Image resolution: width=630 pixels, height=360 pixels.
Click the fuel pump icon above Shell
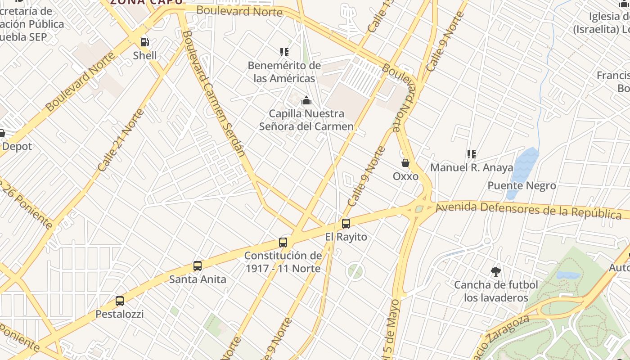click(145, 42)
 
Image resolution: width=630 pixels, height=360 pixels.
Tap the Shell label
click(145, 56)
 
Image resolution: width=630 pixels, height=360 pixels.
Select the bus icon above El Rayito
click(346, 223)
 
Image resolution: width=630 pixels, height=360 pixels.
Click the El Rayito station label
click(346, 237)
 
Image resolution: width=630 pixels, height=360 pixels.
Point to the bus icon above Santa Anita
click(198, 266)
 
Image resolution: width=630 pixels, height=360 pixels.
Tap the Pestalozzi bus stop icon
click(120, 301)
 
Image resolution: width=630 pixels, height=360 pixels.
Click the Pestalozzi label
click(120, 314)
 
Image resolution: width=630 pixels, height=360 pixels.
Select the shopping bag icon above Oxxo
click(405, 163)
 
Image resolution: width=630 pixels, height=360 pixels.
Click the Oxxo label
click(405, 176)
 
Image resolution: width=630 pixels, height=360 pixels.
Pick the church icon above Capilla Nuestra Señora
click(306, 100)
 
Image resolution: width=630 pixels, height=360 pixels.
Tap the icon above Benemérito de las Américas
click(284, 52)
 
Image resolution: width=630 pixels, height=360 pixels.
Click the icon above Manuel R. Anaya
click(471, 154)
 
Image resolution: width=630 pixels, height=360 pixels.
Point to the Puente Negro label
click(522, 185)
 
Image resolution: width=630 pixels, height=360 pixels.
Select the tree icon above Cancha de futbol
click(496, 272)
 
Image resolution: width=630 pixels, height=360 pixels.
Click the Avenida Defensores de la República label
click(529, 210)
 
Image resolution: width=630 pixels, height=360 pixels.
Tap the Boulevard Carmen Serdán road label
click(214, 94)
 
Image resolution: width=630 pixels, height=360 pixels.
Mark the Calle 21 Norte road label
click(121, 140)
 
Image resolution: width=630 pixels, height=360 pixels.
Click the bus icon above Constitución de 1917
click(283, 243)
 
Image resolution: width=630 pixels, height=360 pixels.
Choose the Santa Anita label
click(198, 279)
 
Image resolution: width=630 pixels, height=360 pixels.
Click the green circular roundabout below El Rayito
click(355, 271)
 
